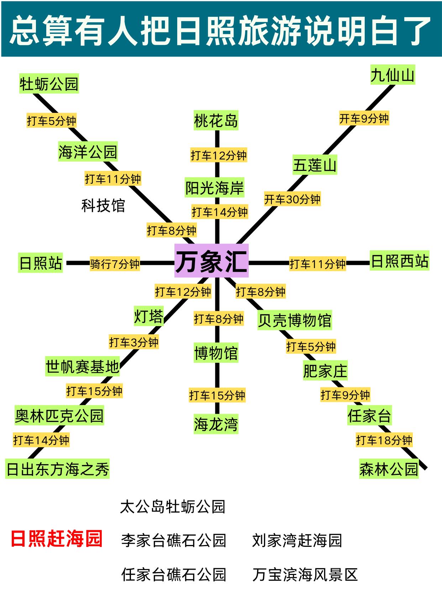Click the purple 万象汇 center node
click(211, 261)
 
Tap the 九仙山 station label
click(393, 75)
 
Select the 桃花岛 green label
click(216, 120)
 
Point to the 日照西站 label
click(399, 261)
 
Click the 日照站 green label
click(41, 263)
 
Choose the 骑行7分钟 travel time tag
click(115, 264)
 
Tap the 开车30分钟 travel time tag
click(292, 199)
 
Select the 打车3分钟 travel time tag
click(133, 342)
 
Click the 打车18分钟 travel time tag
click(384, 440)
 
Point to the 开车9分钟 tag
click(364, 119)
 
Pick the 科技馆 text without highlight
click(103, 206)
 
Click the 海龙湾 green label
click(216, 424)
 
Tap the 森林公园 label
click(389, 469)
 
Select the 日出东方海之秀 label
click(58, 469)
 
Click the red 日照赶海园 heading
click(57, 538)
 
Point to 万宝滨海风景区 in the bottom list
click(305, 574)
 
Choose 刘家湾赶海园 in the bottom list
click(297, 540)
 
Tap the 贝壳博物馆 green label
click(294, 320)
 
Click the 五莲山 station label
click(315, 165)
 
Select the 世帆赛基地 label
click(82, 366)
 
